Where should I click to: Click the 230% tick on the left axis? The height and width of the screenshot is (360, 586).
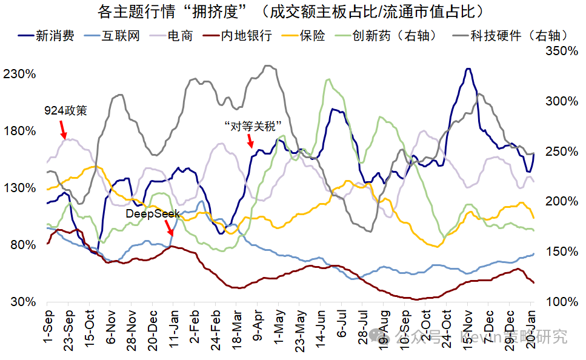19,75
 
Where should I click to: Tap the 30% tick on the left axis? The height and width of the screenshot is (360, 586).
22,302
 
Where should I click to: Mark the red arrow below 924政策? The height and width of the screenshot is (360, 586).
62,129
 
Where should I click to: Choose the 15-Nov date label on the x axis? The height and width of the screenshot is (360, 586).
467,328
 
